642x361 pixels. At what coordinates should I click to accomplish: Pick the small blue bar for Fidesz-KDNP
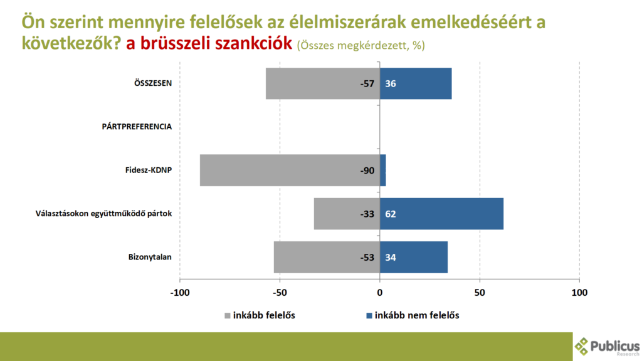click(383, 170)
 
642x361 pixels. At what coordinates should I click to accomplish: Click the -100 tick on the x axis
click(180, 293)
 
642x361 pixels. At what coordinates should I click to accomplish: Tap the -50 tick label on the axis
click(280, 293)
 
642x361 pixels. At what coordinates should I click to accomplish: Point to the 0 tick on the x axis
click(380, 293)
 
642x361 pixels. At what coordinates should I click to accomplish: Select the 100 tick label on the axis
click(580, 293)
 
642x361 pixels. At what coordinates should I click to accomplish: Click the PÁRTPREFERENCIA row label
click(137, 127)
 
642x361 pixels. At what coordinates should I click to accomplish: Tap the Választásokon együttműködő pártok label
click(103, 214)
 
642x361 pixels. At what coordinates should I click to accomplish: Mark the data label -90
click(367, 170)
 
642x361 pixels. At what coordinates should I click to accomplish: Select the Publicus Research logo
click(607, 346)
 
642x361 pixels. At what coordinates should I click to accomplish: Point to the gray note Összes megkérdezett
click(361, 46)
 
